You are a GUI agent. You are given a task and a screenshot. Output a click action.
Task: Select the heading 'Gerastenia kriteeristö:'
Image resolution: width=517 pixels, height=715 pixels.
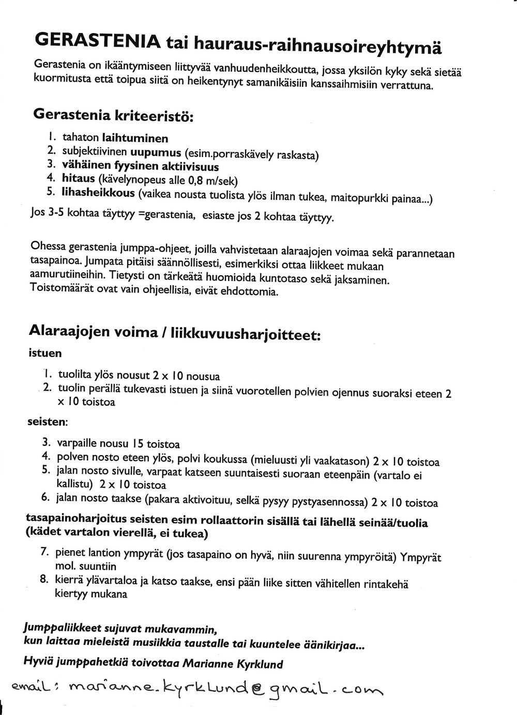(x=113, y=115)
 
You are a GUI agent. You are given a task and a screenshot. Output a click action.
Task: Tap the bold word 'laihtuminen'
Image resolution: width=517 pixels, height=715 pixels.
(x=135, y=138)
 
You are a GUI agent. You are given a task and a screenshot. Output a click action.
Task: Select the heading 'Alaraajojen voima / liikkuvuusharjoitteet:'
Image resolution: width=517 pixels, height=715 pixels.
(x=175, y=332)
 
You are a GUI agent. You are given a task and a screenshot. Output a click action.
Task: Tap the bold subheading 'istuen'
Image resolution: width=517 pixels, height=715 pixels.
(x=44, y=353)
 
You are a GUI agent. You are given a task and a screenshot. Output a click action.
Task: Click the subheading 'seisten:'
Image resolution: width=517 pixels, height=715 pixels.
(x=48, y=422)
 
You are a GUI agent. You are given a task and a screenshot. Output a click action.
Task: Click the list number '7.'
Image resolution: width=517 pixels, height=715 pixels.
(x=45, y=551)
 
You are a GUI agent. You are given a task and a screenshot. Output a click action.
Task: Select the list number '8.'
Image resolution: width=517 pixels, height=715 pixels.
(x=44, y=579)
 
